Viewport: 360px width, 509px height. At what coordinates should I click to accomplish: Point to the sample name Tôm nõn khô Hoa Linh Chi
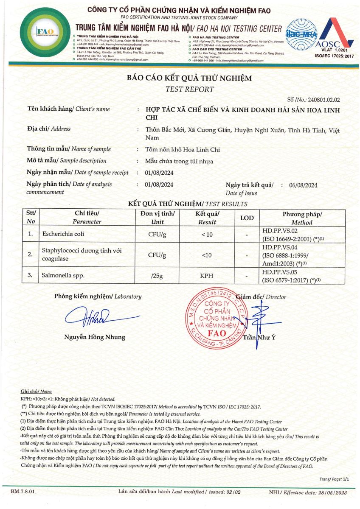[183, 149]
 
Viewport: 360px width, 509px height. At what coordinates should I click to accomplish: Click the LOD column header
[247, 218]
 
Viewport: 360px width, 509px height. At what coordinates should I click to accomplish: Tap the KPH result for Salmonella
[207, 276]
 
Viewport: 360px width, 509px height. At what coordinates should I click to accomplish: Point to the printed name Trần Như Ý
[256, 338]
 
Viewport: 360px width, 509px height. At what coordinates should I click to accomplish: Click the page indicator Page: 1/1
[334, 479]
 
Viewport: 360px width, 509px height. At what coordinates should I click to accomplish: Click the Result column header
[207, 218]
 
